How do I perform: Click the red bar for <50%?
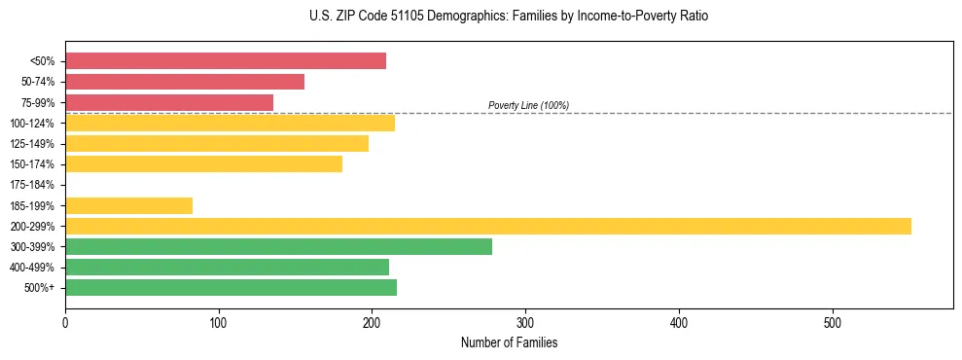point(226,61)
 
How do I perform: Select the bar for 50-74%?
point(185,82)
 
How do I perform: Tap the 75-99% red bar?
point(169,102)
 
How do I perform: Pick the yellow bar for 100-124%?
point(230,123)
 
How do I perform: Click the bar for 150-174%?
point(203,164)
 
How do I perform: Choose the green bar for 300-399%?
point(278,246)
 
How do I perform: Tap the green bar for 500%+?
point(231,287)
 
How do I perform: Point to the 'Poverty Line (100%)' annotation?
point(528,105)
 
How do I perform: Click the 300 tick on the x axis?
point(525,322)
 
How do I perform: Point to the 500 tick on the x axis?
point(833,322)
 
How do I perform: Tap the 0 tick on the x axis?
point(65,322)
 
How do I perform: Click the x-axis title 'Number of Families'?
point(509,342)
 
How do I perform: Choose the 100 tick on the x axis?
point(219,322)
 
